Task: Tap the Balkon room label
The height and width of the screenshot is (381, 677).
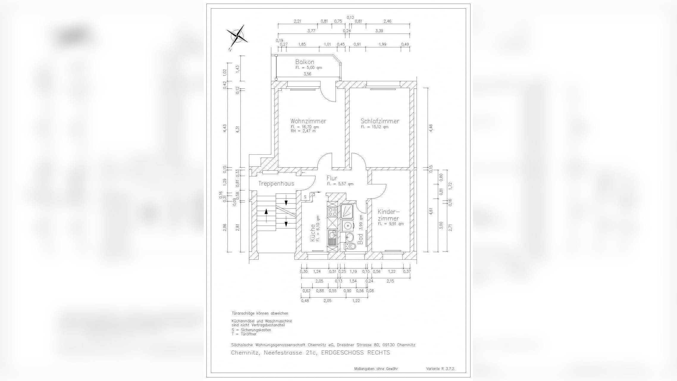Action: [x=305, y=62]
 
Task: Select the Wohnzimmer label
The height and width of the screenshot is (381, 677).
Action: [x=308, y=121]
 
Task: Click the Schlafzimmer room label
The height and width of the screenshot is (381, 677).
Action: [x=380, y=121]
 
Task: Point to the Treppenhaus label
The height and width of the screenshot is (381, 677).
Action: [x=276, y=184]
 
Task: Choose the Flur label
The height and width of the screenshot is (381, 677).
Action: [x=332, y=178]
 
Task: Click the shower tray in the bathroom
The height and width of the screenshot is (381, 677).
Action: [x=347, y=211]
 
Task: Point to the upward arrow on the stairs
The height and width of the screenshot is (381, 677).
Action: [x=266, y=213]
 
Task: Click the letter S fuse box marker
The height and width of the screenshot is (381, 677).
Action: [x=305, y=197]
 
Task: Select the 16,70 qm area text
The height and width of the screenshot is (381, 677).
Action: [x=305, y=127]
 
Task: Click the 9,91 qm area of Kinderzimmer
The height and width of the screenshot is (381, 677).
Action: [x=391, y=224]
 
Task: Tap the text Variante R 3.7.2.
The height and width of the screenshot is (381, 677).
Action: [x=440, y=369]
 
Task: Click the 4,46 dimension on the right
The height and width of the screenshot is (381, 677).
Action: [x=431, y=127]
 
